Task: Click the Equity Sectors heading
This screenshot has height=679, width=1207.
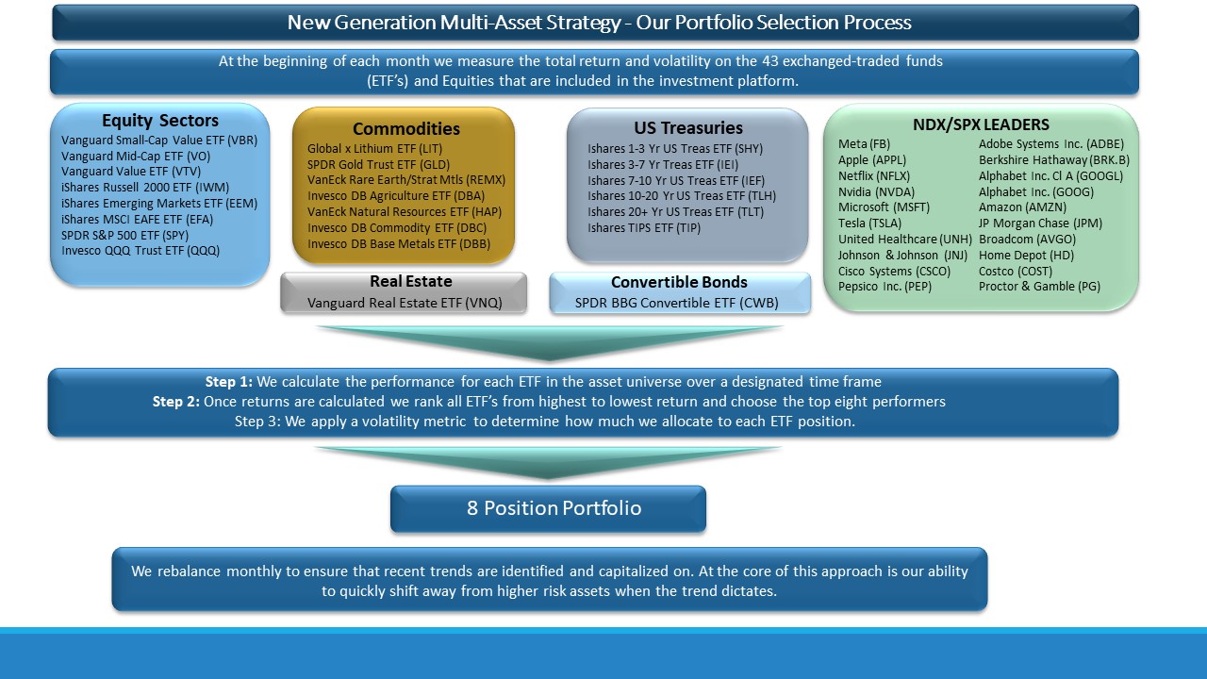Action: [x=160, y=120]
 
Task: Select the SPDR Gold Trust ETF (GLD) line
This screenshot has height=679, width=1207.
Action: [x=378, y=164]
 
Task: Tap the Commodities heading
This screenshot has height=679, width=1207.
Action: [x=406, y=129]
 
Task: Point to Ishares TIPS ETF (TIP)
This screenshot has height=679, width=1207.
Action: [x=644, y=228]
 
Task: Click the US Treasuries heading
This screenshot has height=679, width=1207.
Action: [x=688, y=127]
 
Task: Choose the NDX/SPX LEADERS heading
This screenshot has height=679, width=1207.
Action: [x=981, y=124]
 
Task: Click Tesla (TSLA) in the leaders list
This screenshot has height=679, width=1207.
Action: [x=869, y=224]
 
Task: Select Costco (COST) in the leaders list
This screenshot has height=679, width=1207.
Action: [x=1016, y=271]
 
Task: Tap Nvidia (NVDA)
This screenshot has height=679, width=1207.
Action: [x=876, y=191]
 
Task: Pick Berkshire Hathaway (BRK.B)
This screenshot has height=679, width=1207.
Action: [x=1054, y=160]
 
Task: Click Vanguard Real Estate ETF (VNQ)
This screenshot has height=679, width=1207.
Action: [x=405, y=303]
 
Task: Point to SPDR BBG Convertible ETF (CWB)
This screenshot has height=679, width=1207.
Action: [x=676, y=303]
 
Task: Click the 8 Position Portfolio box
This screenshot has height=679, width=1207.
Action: [x=548, y=508]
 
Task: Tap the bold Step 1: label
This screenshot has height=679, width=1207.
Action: [x=228, y=382]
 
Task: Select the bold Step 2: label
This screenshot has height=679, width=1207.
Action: [x=175, y=402]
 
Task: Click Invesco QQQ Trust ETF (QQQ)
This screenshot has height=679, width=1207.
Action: [x=141, y=251]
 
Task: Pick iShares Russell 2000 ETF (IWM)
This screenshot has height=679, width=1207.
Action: [x=145, y=188]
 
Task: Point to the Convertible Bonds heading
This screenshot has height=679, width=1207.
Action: [x=679, y=282]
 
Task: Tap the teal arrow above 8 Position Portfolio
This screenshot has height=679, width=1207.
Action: [x=548, y=462]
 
